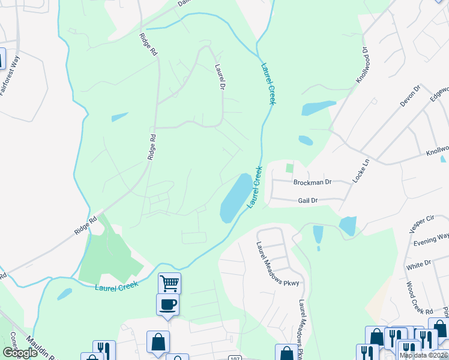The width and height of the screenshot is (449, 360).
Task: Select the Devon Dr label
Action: [411, 96]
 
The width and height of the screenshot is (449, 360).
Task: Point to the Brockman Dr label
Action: [312, 182]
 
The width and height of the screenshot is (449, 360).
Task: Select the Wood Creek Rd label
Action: [419, 298]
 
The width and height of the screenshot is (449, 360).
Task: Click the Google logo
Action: [19, 353]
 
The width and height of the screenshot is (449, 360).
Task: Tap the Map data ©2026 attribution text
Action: [423, 355]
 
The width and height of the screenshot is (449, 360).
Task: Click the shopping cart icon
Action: [169, 283]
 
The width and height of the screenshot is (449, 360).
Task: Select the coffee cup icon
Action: [167, 304]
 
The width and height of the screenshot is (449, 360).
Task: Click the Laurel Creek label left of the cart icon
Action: [117, 287]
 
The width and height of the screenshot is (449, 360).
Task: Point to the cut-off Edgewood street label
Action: [439, 97]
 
